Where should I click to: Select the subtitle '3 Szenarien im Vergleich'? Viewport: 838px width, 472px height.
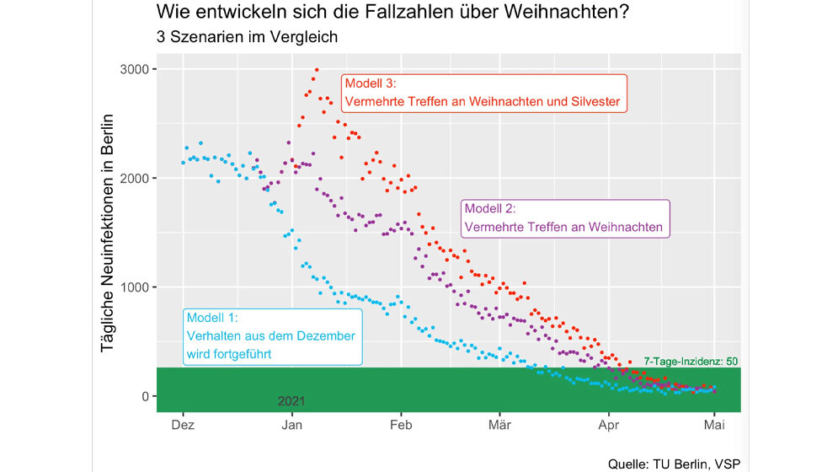(247, 38)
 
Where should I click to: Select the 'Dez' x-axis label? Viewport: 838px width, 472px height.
(183, 426)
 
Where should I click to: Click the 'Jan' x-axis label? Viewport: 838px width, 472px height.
(292, 426)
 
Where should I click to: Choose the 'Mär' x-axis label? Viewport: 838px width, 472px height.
(499, 426)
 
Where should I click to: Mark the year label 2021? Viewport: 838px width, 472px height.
(291, 401)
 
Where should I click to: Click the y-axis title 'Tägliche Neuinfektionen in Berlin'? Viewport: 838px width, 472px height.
(108, 249)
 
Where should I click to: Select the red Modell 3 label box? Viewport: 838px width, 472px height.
(483, 94)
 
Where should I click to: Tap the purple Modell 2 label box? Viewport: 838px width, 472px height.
(563, 218)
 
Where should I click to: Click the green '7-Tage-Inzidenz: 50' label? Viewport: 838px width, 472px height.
(691, 362)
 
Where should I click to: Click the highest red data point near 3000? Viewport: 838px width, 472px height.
(317, 70)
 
